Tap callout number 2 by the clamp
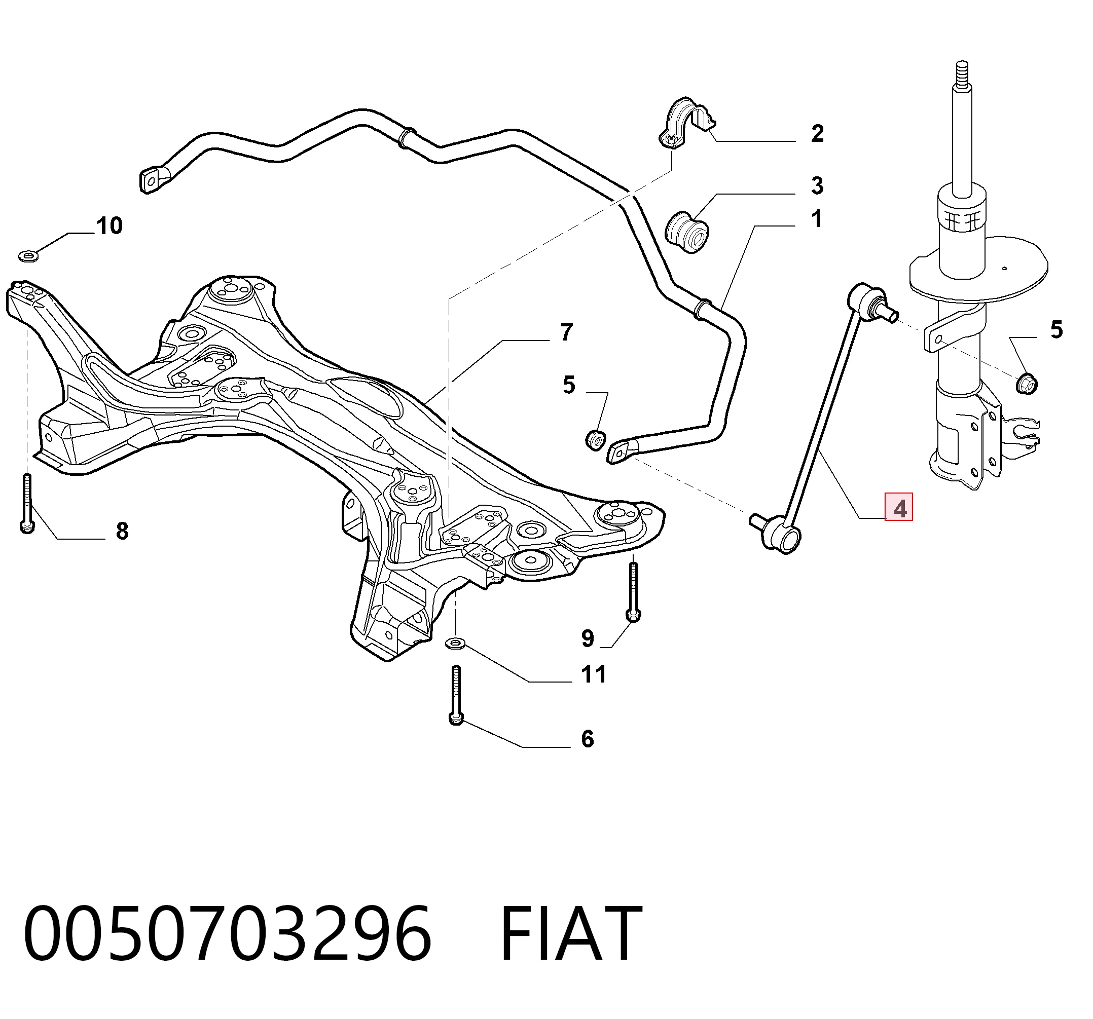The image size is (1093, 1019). pos(818,134)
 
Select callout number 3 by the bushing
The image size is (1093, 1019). pos(818,186)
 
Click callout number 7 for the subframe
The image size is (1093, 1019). pos(567,332)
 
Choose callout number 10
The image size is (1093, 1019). pos(110,226)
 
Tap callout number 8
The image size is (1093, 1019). pos(122,531)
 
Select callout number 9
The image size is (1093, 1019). pos(588,638)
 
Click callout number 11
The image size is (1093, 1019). pos(594,674)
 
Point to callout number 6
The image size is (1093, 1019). pos(588,739)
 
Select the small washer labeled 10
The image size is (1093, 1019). pos(28,255)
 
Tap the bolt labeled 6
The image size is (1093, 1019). pos(456,695)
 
